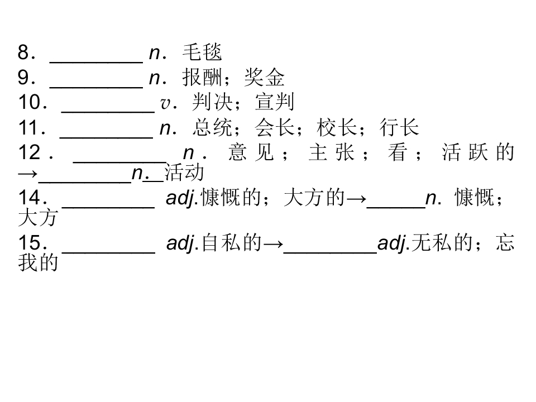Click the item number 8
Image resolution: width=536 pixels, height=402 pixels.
[x=23, y=52]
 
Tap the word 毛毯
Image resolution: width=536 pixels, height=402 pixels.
[x=202, y=52]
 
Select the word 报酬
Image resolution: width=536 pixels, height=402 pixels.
[x=202, y=77]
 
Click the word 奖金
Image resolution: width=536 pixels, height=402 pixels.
[x=264, y=77]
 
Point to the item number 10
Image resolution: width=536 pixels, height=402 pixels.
[x=30, y=102]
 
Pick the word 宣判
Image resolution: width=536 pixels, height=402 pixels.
[x=275, y=102]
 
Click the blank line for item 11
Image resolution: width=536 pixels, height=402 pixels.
[x=106, y=137]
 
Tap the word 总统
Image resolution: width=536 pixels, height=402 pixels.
[x=212, y=127]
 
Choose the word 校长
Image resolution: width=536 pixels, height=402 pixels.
[x=337, y=127]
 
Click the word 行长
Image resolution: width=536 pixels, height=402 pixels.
[x=399, y=127]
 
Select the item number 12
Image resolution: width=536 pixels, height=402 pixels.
[x=30, y=152]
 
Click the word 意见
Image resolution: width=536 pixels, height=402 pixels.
[x=251, y=152]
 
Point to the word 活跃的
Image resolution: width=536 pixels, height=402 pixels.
[x=478, y=152]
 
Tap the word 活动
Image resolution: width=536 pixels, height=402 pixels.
[x=184, y=173]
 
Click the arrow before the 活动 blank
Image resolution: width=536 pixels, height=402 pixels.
[x=28, y=174]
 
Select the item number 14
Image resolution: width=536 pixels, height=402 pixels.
[x=30, y=197]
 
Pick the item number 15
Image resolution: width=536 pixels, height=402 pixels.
[x=30, y=242]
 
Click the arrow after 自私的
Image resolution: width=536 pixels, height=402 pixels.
[x=273, y=244]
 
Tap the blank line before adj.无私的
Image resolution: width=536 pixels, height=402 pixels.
[x=330, y=252]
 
